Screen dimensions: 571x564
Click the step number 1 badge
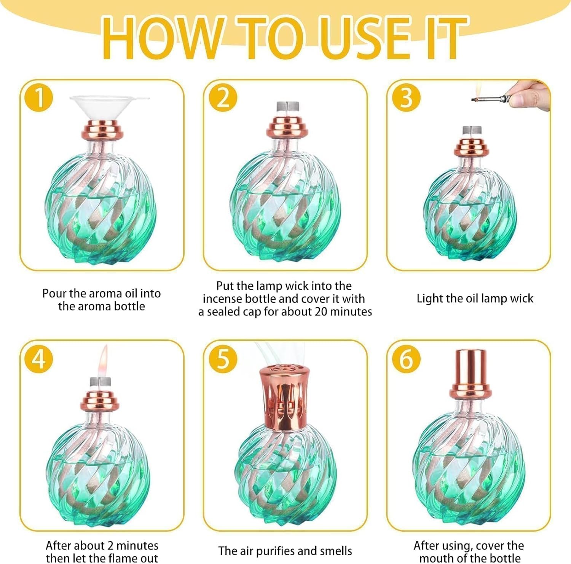pyautogui.click(x=39, y=97)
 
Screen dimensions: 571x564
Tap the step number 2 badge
pyautogui.click(x=223, y=97)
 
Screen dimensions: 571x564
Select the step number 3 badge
pyautogui.click(x=407, y=97)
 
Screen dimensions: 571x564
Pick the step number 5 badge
pyautogui.click(x=223, y=358)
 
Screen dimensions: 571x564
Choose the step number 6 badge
pyautogui.click(x=407, y=358)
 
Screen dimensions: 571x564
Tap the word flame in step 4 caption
pyautogui.click(x=111, y=558)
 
